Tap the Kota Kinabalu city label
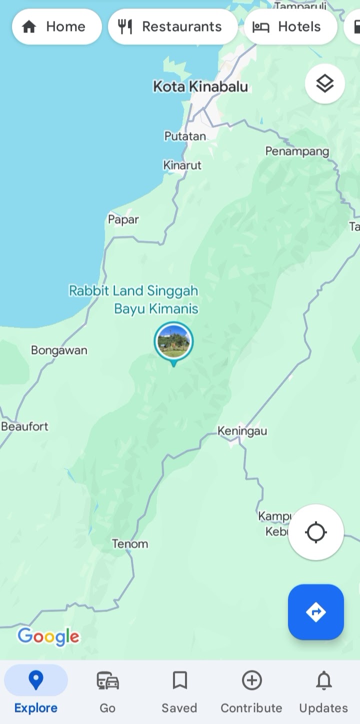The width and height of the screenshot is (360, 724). [200, 86]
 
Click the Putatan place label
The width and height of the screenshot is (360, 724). [185, 136]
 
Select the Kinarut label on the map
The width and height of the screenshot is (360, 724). [182, 165]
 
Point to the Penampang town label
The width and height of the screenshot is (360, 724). [297, 151]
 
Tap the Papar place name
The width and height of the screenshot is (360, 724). [123, 219]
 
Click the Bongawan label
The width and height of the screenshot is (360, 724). [59, 350]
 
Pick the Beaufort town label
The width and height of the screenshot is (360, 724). [25, 426]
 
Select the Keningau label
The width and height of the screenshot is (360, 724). [242, 431]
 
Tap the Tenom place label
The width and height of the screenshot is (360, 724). [130, 543]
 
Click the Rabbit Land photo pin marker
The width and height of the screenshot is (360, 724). [173, 342]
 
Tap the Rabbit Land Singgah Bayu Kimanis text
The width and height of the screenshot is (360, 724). [134, 299]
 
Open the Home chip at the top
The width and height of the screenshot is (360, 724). [56, 26]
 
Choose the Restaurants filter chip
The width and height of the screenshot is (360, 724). [172, 26]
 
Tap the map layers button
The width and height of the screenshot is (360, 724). [325, 83]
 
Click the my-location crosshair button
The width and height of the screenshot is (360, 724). [316, 532]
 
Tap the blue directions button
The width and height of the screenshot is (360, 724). [316, 612]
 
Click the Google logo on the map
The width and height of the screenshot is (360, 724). [48, 636]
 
